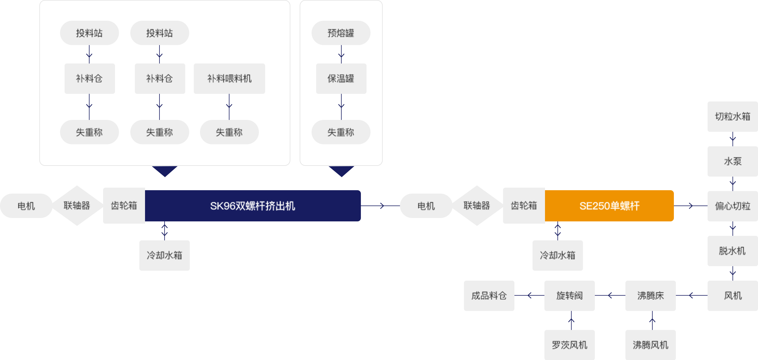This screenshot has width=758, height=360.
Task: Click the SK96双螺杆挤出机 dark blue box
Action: tap(253, 206)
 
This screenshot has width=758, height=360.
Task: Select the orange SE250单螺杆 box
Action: tap(609, 206)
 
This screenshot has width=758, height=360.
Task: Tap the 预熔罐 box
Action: tap(341, 33)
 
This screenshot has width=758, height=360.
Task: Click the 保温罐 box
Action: tap(341, 78)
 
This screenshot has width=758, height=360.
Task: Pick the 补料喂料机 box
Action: tap(229, 78)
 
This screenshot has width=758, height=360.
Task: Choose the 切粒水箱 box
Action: tap(733, 116)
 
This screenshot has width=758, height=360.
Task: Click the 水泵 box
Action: tap(733, 161)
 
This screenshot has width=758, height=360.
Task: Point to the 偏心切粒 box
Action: tap(733, 206)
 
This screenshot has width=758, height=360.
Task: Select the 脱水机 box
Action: tap(733, 251)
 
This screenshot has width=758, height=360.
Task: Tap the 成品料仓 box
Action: tap(489, 295)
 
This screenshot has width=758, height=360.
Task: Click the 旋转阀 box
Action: tap(569, 295)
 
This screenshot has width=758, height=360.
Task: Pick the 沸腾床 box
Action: tap(650, 295)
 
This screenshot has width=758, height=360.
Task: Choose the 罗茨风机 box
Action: tap(569, 345)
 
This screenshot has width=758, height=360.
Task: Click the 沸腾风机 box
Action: tap(650, 345)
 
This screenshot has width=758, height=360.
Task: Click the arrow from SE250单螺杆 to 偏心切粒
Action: tap(691, 206)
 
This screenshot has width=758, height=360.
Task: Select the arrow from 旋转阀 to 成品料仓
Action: tap(529, 295)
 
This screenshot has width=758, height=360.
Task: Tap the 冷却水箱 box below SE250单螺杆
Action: tap(557, 255)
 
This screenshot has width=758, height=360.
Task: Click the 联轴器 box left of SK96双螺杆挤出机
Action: tap(77, 206)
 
